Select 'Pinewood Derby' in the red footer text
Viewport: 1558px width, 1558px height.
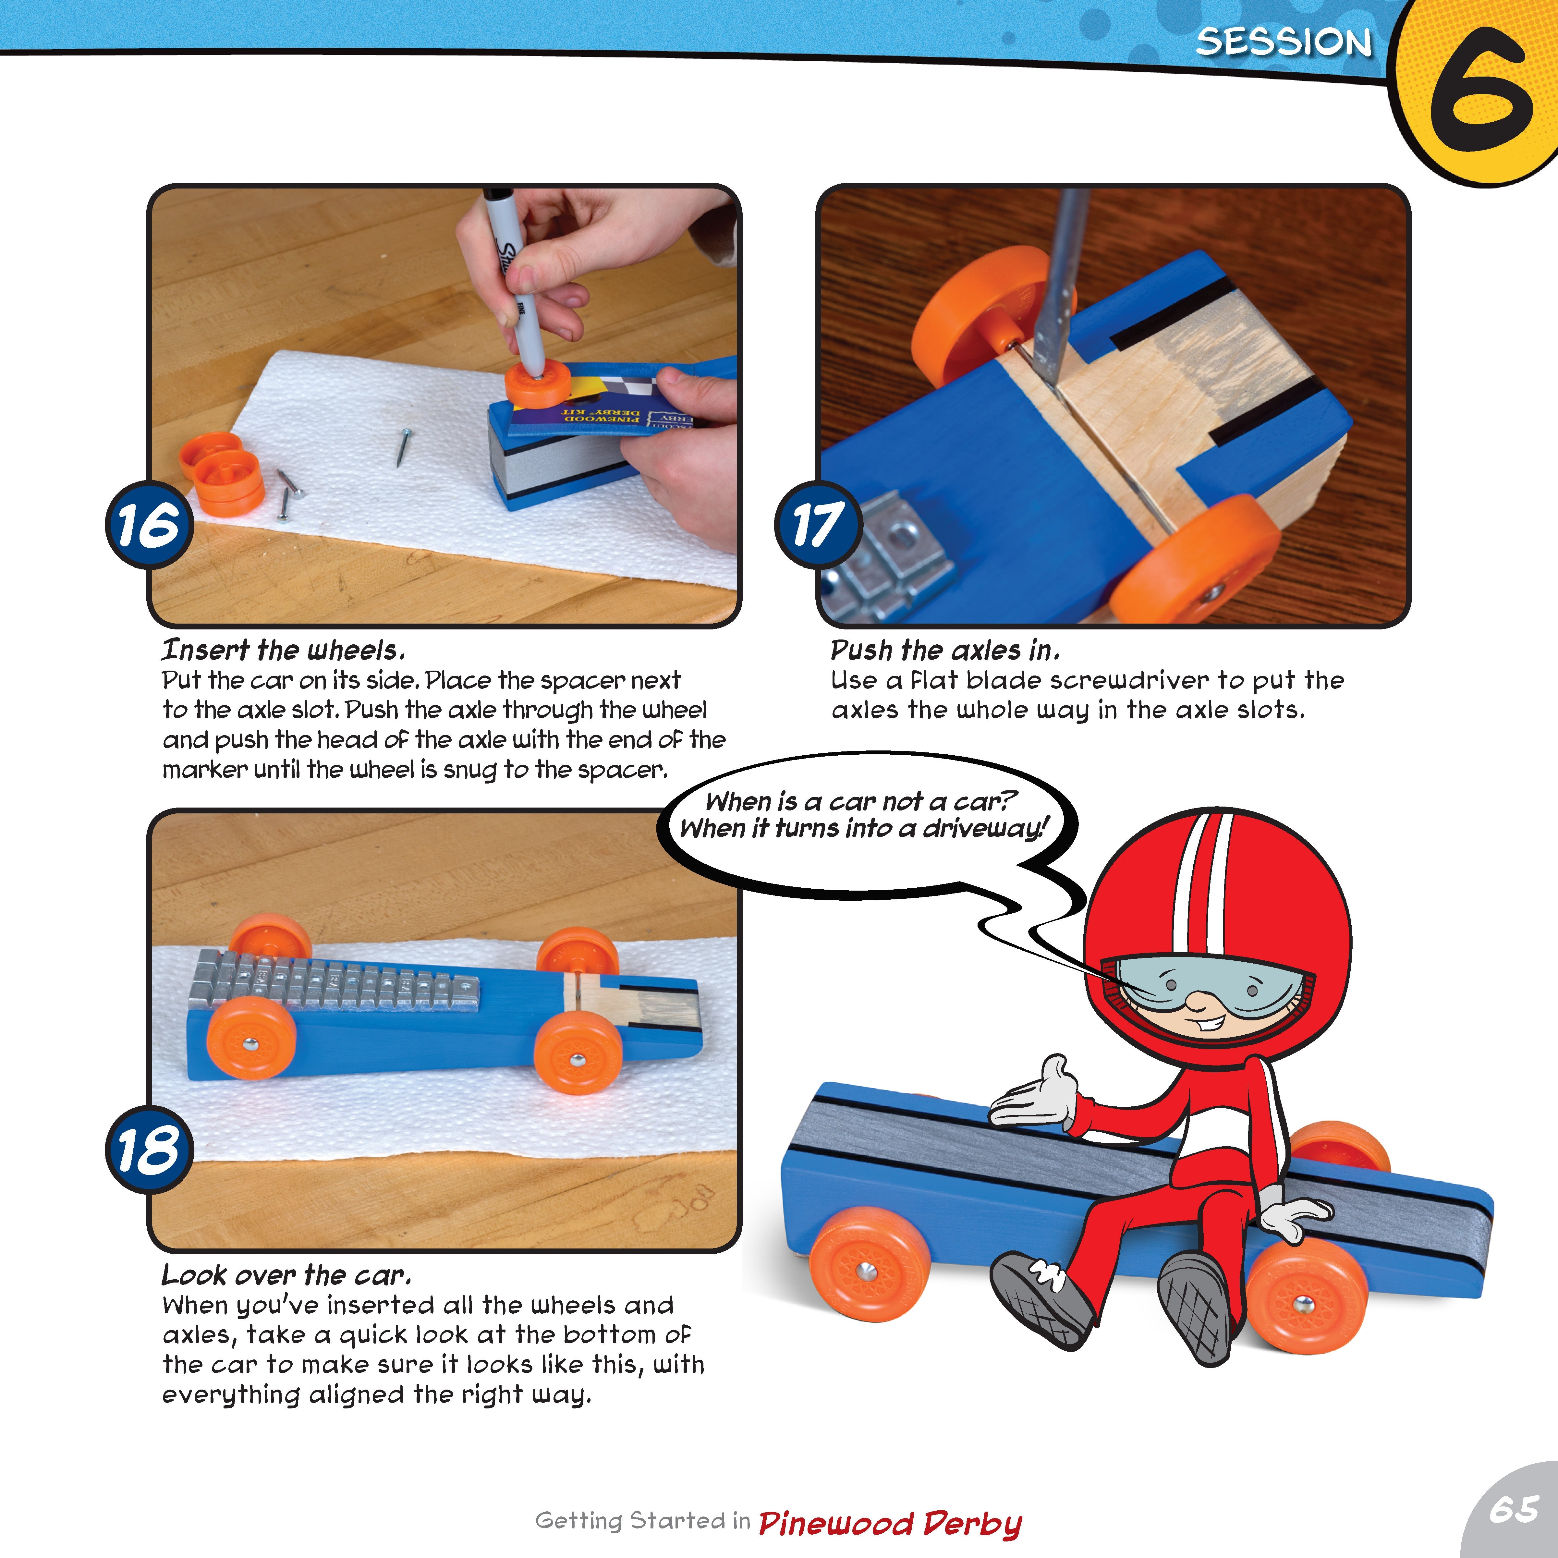coord(890,1523)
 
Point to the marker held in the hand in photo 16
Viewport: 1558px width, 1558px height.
coord(516,282)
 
